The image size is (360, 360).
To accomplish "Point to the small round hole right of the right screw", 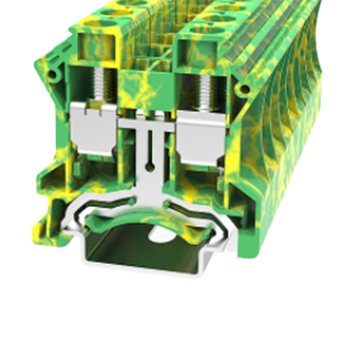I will click(244, 89).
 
